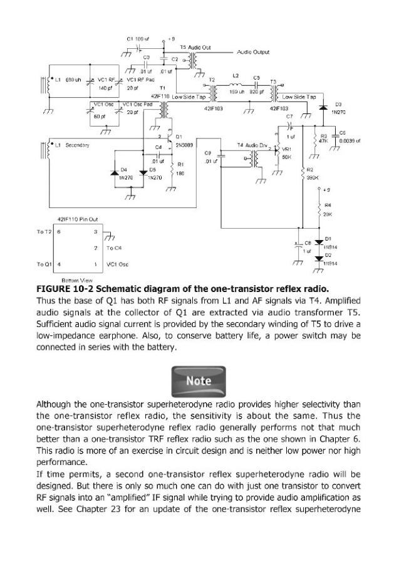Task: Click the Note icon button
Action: (199, 380)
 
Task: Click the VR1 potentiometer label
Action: (288, 149)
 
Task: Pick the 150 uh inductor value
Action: (236, 91)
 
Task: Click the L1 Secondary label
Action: (73, 145)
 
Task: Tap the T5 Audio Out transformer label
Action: (195, 47)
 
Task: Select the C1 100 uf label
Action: (138, 39)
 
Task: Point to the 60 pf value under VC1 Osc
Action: (98, 117)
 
